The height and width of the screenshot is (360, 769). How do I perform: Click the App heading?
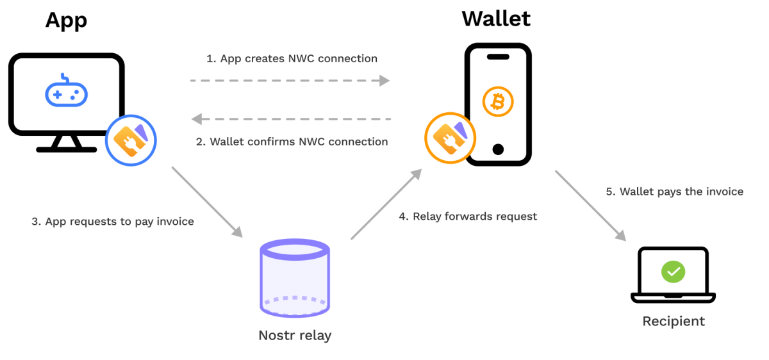point(66,20)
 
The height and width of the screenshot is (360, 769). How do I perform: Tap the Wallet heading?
point(496,19)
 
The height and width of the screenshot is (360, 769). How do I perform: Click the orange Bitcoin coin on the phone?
point(498,101)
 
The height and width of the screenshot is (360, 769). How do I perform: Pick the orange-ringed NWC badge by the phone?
point(451,138)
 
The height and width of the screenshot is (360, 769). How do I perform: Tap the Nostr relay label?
point(295,335)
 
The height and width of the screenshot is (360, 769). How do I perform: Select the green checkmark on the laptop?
point(673,272)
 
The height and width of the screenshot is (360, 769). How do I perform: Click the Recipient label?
point(674,321)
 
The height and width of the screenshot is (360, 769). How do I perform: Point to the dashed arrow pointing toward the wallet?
point(290,81)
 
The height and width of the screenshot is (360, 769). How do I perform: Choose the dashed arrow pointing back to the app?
point(292,119)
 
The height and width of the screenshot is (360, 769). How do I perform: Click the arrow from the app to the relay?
point(207,202)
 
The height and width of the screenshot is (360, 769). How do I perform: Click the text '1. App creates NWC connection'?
point(292,59)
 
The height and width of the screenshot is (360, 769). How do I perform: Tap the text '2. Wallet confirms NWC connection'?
point(292,142)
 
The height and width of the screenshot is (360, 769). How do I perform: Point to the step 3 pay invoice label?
point(113,222)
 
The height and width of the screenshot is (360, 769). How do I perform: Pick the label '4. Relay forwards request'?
point(468,217)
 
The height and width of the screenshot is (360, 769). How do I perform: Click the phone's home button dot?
point(498,149)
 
